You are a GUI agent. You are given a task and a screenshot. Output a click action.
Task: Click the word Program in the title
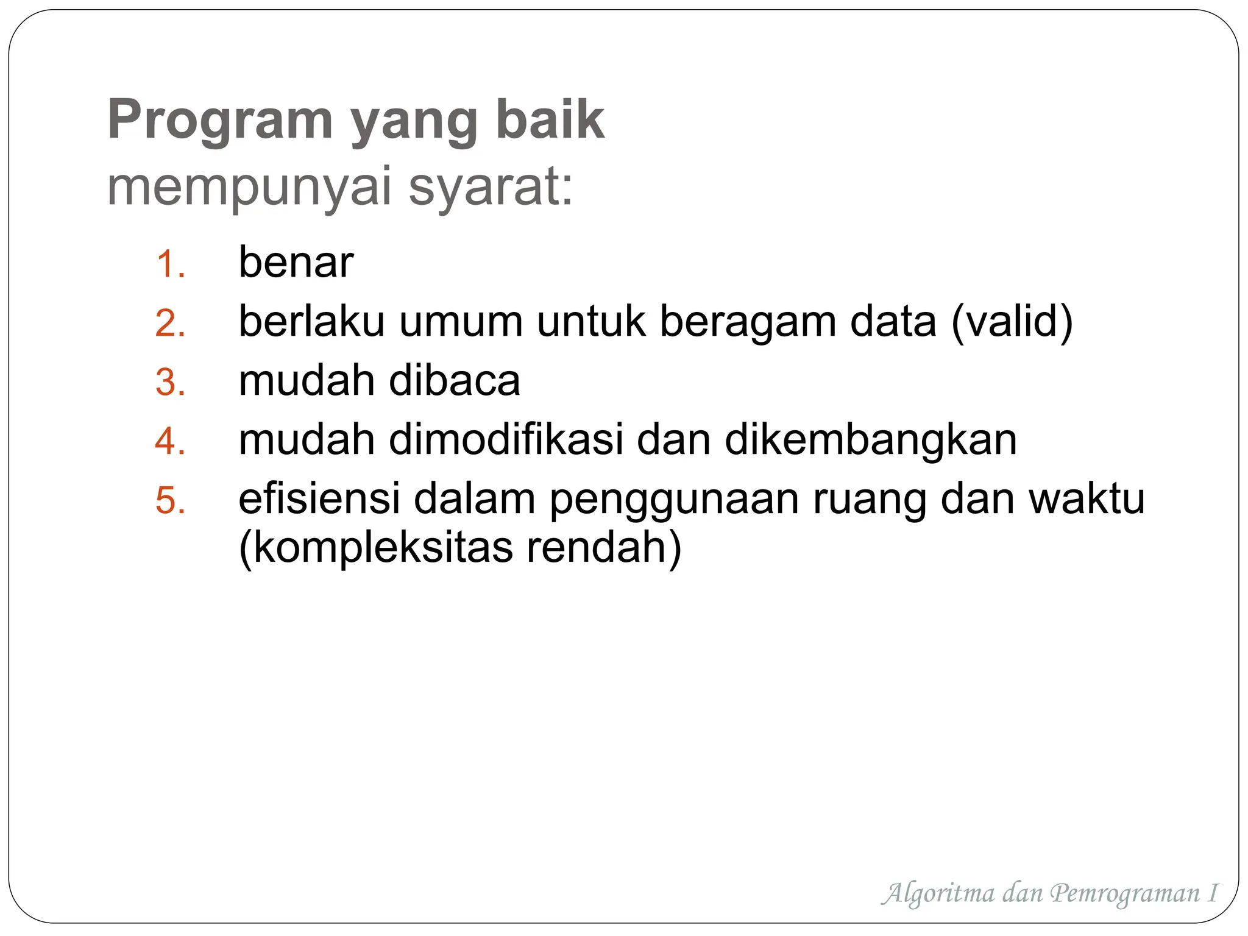click(x=220, y=120)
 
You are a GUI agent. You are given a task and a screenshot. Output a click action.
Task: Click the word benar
click(x=296, y=263)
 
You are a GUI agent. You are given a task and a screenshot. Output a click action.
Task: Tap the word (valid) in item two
click(x=1012, y=321)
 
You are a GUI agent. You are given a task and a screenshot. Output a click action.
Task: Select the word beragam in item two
click(x=748, y=322)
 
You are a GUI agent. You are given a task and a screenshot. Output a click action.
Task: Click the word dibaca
click(x=455, y=380)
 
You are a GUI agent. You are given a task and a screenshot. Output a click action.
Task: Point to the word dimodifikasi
click(x=506, y=439)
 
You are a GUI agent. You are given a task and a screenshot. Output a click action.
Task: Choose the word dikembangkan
click(x=871, y=439)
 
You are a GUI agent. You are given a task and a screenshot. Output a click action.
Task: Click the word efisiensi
click(x=319, y=498)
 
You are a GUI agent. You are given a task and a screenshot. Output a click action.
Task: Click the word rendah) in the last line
click(x=604, y=547)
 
